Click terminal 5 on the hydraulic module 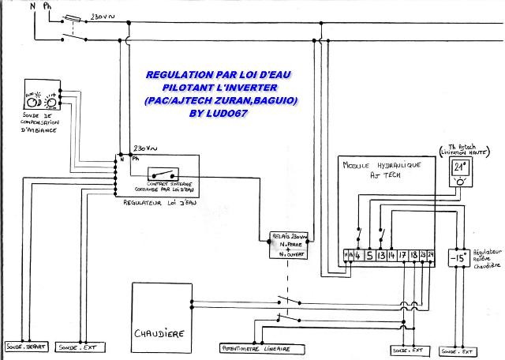pyautogui.click(x=369, y=255)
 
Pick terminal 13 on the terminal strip pyautogui.click(x=382, y=255)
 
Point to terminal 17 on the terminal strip pyautogui.click(x=404, y=255)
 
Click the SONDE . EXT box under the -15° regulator pyautogui.click(x=461, y=348)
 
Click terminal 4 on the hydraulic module pyautogui.click(x=357, y=255)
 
